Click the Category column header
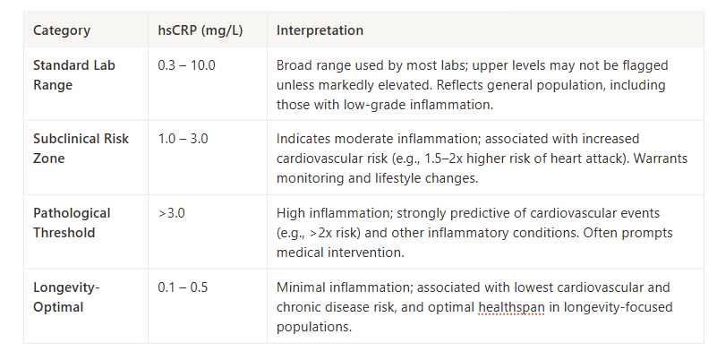coord(62,30)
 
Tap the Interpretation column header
coord(320,30)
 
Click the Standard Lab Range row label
coord(74,74)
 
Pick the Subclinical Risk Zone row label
coord(81,148)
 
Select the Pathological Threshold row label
coord(72,222)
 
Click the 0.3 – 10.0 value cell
coord(187,65)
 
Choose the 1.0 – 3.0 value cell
coord(183,139)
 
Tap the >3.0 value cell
coord(172,213)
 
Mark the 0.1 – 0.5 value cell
coord(183,287)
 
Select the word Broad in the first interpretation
coord(294,65)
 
